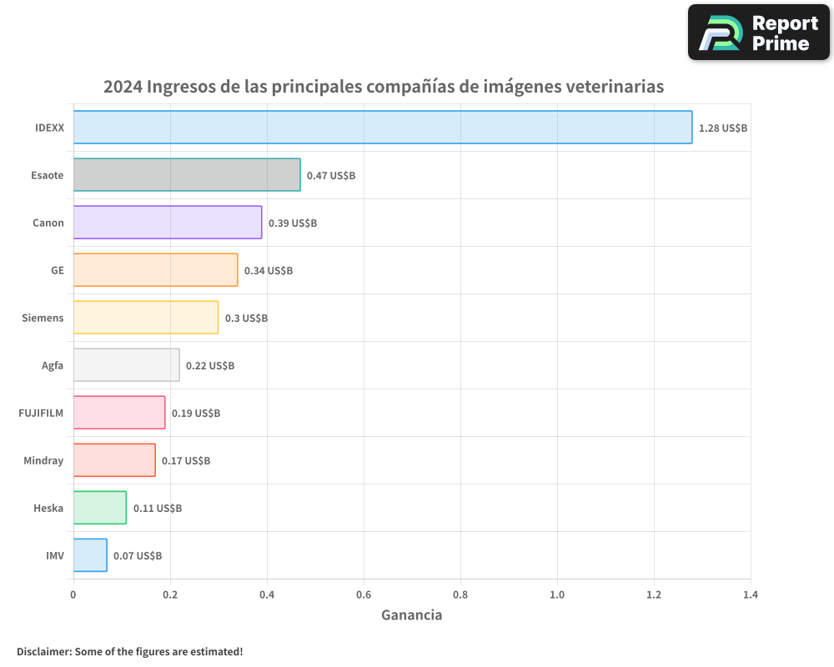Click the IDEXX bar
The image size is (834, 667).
point(383,128)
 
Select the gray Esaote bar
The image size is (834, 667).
point(187,175)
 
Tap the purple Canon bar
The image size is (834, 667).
point(168,223)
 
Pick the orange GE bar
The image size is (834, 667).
point(155,270)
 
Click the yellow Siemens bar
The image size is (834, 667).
point(146,318)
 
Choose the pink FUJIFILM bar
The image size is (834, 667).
point(119,413)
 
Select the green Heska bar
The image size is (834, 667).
point(100,508)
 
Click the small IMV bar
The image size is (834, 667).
point(90,555)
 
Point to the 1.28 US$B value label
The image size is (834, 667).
point(723,128)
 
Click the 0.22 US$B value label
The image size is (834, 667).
point(210,366)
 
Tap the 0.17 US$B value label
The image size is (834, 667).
point(186,461)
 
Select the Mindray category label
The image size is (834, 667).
point(43,460)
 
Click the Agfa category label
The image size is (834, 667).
point(53,365)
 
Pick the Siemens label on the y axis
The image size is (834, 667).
point(43,318)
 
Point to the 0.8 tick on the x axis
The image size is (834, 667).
point(460,595)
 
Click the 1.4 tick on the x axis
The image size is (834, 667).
point(750,595)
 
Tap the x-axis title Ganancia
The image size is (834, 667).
point(412,615)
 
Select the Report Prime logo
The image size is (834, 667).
point(759,33)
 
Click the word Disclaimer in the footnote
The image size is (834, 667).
point(43,651)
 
